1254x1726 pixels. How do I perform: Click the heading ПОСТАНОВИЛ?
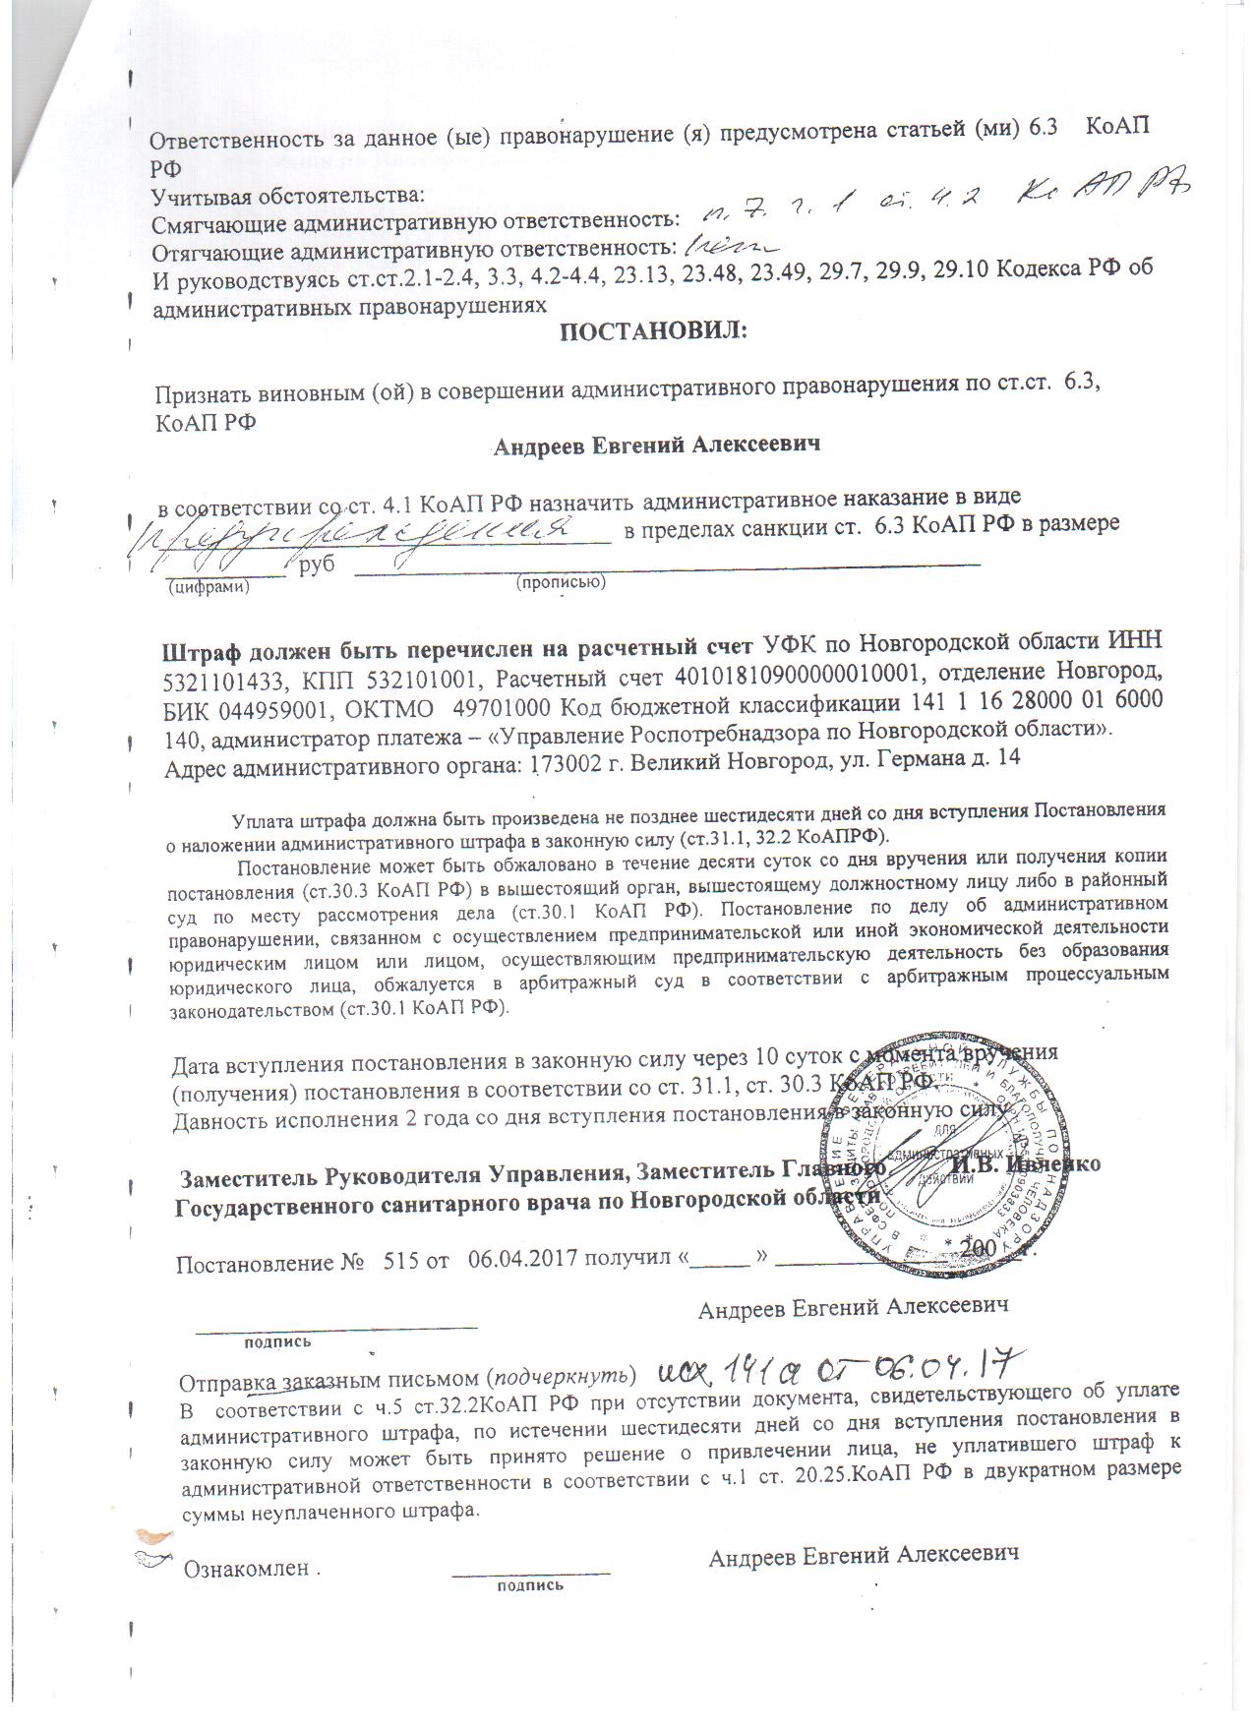654,333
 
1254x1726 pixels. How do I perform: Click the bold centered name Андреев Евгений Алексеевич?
656,446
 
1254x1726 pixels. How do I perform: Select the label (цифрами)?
208,587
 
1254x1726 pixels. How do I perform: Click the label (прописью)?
561,582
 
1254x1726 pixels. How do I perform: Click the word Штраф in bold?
199,650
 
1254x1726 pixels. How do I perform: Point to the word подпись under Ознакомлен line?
531,1585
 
